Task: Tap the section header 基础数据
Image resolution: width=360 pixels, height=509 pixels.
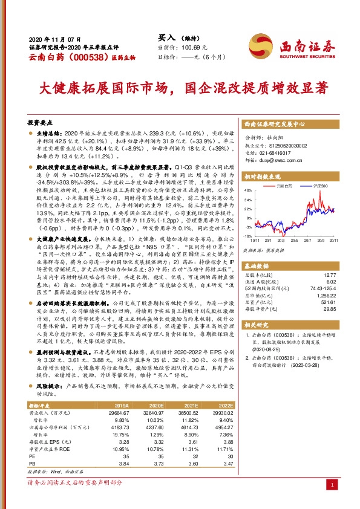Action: coord(258,267)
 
